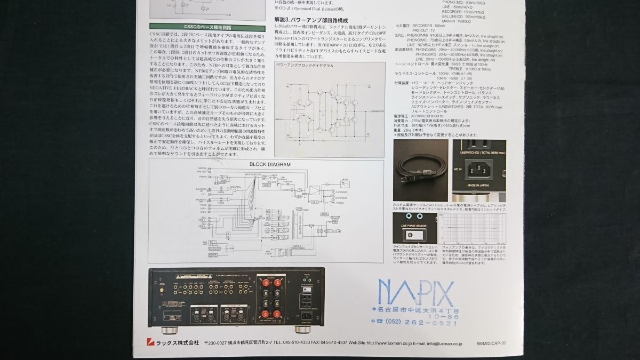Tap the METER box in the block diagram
[345, 180]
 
